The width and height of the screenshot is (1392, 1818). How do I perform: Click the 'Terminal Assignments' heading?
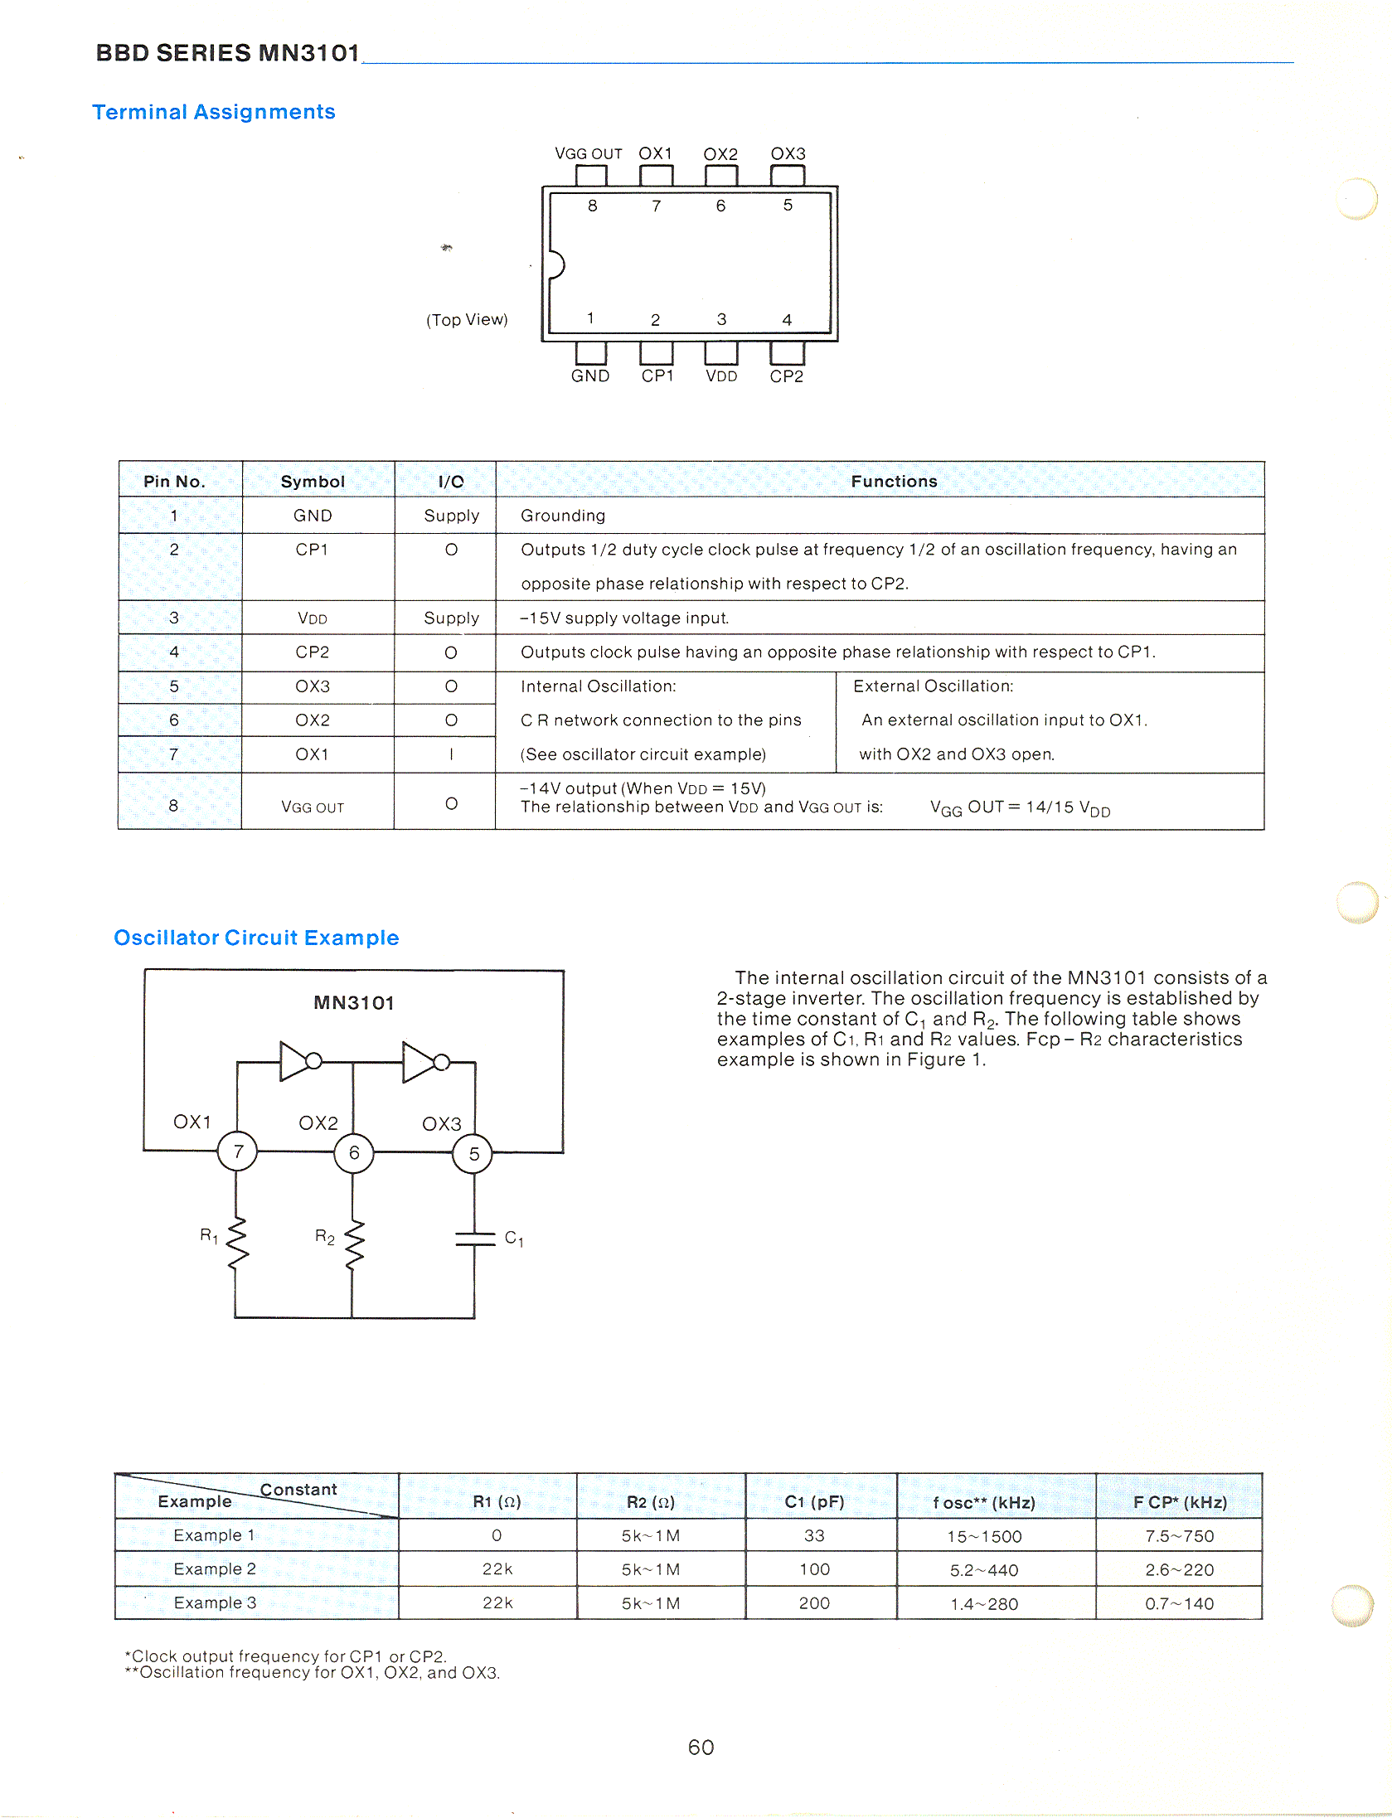(214, 112)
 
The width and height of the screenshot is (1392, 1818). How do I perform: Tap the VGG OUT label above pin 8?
(588, 154)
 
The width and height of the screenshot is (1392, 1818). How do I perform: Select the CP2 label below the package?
(786, 376)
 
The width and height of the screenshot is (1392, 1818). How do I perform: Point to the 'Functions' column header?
(894, 482)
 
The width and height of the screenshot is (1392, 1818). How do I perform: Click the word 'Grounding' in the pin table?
(563, 516)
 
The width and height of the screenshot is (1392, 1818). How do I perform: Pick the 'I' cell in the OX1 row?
(451, 754)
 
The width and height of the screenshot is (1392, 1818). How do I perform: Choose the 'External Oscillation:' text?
(933, 686)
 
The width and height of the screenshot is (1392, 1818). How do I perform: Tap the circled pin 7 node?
(238, 1151)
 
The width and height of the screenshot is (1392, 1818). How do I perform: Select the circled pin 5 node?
(473, 1153)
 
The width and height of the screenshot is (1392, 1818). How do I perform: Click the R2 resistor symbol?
(354, 1244)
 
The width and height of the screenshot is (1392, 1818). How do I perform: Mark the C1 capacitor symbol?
(474, 1239)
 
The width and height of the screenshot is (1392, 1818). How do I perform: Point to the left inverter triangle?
(294, 1061)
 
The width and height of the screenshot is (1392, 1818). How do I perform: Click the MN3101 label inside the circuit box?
(354, 1003)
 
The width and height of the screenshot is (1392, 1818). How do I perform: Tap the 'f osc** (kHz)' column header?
(984, 1502)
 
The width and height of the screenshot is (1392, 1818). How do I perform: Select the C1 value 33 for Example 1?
(814, 1535)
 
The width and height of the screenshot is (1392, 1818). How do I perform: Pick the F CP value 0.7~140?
(1179, 1603)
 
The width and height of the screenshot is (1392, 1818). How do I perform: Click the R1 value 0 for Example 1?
(497, 1535)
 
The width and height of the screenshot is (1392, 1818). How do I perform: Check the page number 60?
(701, 1748)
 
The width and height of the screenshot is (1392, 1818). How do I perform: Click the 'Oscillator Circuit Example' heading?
(256, 938)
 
